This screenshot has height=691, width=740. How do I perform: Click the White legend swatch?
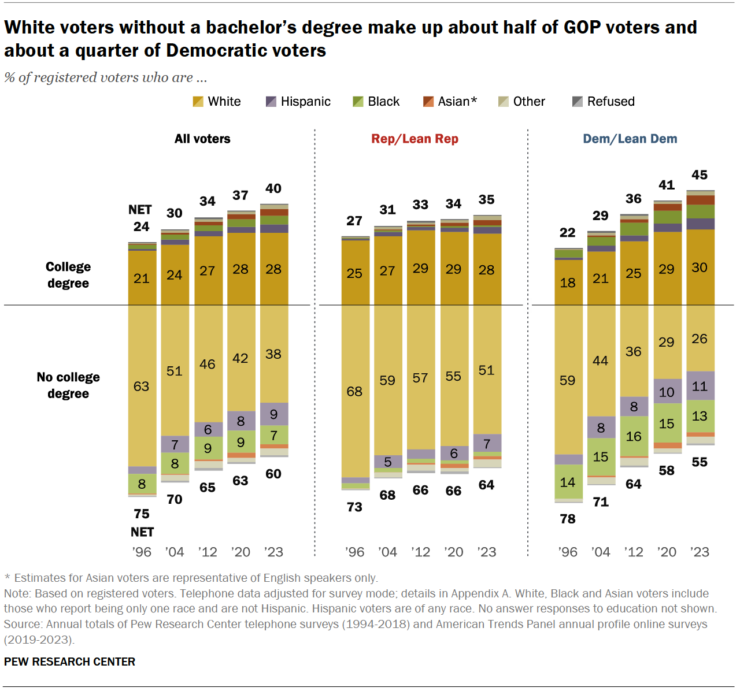point(198,102)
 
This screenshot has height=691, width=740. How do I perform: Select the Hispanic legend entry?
point(298,102)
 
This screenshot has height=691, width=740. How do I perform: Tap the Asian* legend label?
point(457,102)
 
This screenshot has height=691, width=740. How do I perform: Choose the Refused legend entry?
point(604,102)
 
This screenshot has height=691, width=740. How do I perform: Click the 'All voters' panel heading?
point(202,139)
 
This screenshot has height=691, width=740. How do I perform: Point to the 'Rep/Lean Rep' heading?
point(415,139)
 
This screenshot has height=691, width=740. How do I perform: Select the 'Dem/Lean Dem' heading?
point(630,139)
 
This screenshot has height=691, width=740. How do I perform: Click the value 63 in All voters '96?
point(142,386)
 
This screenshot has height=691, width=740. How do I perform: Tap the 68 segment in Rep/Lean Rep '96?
point(354,391)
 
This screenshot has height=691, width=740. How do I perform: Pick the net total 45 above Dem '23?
point(700,175)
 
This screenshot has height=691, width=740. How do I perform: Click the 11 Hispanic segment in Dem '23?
point(700,386)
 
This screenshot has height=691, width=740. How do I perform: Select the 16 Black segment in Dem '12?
point(634,436)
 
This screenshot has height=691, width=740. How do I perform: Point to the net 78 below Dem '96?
point(568,519)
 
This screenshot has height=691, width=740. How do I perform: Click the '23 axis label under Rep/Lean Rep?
point(487,552)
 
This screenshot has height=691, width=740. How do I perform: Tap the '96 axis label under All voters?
point(142,552)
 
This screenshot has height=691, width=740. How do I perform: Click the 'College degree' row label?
point(68,275)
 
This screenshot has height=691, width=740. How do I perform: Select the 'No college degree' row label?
point(68,385)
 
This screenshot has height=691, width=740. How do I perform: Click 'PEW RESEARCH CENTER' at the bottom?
point(69,662)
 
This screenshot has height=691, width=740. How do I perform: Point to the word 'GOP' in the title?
point(583,27)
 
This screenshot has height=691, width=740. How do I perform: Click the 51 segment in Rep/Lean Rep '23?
point(487,370)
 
